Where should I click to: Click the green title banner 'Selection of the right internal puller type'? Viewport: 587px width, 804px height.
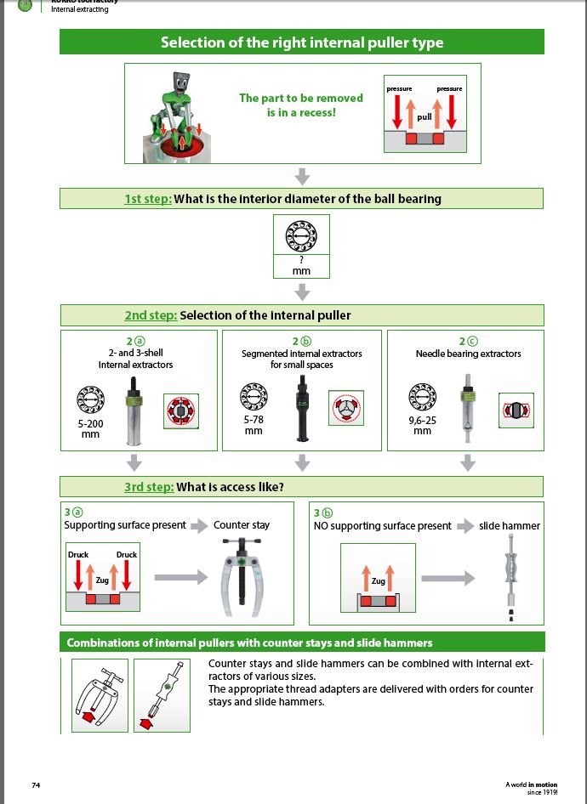coord(302,42)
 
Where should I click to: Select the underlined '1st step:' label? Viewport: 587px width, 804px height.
coord(148,199)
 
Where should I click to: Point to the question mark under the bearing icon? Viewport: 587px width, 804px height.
coord(301,258)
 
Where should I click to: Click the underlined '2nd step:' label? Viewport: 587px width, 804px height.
coord(151,315)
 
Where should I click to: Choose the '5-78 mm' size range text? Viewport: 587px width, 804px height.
coord(253,425)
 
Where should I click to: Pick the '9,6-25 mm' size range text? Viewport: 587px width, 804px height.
coord(422,425)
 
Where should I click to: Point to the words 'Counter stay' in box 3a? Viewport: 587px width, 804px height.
coord(242,525)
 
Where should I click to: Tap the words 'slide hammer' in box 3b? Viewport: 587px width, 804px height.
coord(510,525)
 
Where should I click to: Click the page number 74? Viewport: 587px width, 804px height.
coord(37,784)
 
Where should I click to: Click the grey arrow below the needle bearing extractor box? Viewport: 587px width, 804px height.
coord(467,462)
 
